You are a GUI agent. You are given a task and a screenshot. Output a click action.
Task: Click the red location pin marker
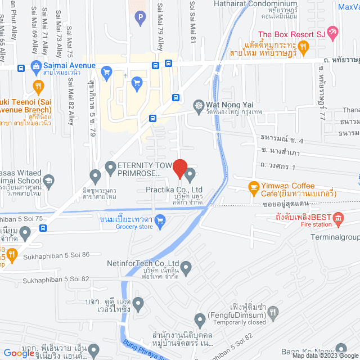(x=179, y=168)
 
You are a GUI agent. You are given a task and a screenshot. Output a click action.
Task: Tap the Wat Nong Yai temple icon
(x=198, y=105)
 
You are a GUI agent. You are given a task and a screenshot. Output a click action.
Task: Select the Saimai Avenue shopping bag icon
(x=37, y=66)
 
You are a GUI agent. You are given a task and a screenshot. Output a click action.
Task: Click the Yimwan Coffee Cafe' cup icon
(x=254, y=186)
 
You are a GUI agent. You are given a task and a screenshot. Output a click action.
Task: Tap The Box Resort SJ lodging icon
(x=333, y=33)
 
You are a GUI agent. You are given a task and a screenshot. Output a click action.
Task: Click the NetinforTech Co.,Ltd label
(x=143, y=263)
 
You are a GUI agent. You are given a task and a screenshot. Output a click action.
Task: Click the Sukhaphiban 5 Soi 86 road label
(x=56, y=255)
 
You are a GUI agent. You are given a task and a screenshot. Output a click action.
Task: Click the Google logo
(x=19, y=353)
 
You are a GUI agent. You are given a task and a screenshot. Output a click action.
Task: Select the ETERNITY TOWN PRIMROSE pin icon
(x=111, y=166)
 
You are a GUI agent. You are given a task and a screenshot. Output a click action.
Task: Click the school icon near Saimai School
(x=49, y=181)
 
